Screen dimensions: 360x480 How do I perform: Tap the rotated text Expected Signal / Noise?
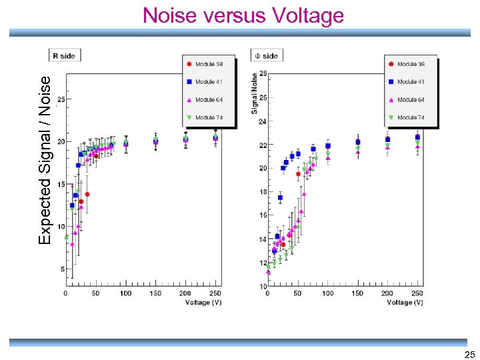[x=45, y=159]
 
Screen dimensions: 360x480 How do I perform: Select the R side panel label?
[x=64, y=56]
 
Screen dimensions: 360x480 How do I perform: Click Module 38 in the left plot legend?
[x=209, y=64]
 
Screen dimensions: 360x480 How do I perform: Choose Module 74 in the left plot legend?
[x=209, y=117]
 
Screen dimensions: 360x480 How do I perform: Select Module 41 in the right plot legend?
[x=411, y=82]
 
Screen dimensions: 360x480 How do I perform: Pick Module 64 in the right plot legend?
[x=411, y=100]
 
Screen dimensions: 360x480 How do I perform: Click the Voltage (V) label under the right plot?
[x=405, y=302]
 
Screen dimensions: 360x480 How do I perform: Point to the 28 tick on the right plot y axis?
[x=263, y=74]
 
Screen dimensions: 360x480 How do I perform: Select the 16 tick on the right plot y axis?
[x=263, y=215]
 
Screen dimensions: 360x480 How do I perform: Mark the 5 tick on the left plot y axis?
[x=61, y=269]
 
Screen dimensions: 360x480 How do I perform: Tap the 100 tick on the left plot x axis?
[x=125, y=293]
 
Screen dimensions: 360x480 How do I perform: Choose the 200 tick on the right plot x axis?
[x=387, y=293]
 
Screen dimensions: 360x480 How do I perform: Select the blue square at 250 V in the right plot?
[x=417, y=137]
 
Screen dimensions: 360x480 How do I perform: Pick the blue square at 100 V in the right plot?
[x=327, y=146]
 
